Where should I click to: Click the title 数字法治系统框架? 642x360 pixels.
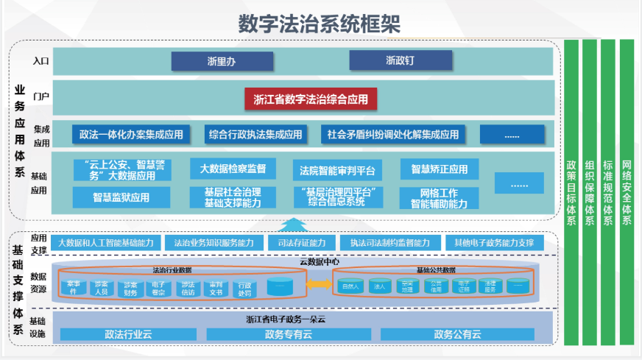click(x=320, y=22)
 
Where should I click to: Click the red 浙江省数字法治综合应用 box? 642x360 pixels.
click(x=311, y=99)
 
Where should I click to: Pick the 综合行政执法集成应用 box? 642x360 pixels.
click(x=255, y=134)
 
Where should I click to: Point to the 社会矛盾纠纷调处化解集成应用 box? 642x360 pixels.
click(x=393, y=134)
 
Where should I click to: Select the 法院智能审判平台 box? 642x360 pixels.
click(x=337, y=171)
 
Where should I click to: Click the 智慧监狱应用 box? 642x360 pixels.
click(x=121, y=197)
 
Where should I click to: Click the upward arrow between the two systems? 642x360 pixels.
click(x=294, y=224)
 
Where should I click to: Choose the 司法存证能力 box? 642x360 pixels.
click(x=297, y=242)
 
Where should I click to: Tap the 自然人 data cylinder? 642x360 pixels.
click(x=349, y=285)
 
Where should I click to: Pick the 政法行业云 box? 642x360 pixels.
click(x=128, y=334)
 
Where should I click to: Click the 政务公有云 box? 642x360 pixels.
click(x=457, y=334)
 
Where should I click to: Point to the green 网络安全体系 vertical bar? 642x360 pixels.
click(x=627, y=191)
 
